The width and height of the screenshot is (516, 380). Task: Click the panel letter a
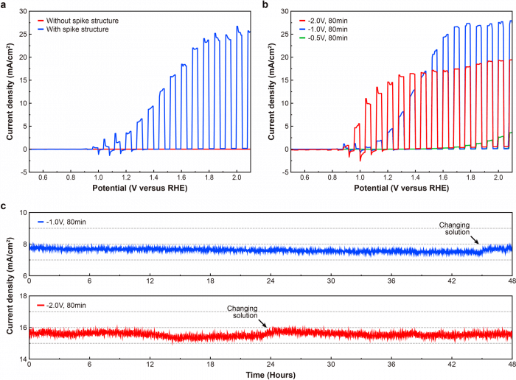click(6, 4)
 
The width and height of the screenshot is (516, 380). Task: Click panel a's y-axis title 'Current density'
click(10, 95)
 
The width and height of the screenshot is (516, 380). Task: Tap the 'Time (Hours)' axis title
click(271, 375)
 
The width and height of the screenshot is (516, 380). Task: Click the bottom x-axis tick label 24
click(271, 365)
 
